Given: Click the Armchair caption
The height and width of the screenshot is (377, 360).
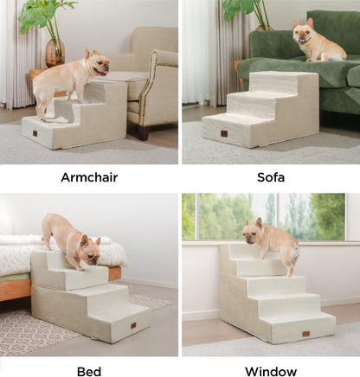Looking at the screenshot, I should coord(89,177).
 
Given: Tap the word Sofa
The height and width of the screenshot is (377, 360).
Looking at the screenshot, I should coord(270,177).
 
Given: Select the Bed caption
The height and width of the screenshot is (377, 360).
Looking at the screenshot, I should coord(89,371).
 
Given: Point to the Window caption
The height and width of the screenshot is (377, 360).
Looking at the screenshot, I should coord(270,371).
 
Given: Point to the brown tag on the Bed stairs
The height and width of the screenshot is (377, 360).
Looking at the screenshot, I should coord(132,325).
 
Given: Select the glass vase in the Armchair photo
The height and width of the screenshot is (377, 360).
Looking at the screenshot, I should coord(55,52).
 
